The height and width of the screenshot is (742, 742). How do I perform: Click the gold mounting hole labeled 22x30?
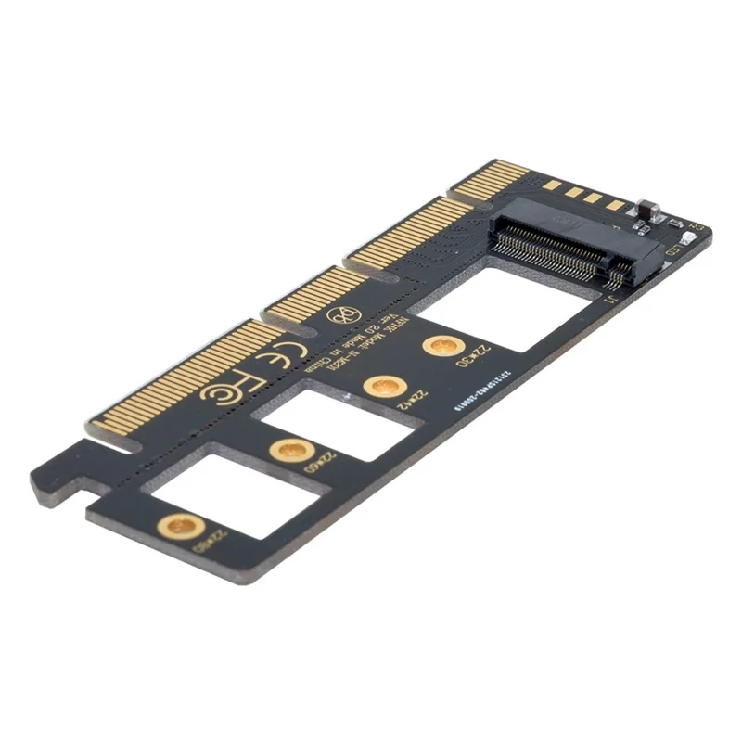443,347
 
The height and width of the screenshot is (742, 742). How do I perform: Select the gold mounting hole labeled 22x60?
287,451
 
